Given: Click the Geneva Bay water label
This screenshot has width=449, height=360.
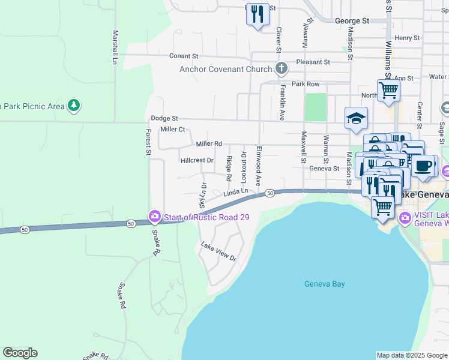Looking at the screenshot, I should [x=324, y=284].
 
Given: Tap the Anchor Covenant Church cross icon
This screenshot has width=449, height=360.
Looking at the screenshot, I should [x=280, y=69].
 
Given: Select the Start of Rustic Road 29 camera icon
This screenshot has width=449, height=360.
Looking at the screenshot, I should [x=155, y=217].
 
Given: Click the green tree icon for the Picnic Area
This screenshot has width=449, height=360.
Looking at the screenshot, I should [x=74, y=106].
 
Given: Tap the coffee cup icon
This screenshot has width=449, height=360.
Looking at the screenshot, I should [x=423, y=166].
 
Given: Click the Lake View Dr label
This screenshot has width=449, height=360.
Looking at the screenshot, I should [x=218, y=251].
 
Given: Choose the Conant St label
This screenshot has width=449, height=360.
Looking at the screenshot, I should [x=183, y=56].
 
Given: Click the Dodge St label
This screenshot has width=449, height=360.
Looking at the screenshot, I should [x=164, y=119].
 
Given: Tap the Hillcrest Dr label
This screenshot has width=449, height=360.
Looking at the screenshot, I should [x=197, y=161].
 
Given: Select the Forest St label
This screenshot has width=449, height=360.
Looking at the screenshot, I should [x=148, y=141].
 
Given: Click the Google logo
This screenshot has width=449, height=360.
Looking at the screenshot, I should [x=20, y=353].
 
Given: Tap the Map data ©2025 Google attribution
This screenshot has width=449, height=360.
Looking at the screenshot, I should [x=411, y=355].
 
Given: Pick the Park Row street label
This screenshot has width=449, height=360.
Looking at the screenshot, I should [x=305, y=84].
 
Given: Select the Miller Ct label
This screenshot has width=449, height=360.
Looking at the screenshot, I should [x=172, y=130].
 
